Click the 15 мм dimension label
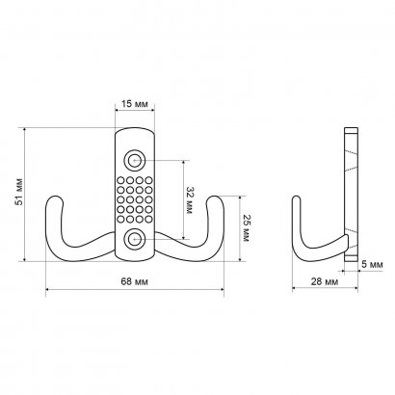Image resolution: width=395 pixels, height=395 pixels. (135, 104)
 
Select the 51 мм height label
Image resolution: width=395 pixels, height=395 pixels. (20, 192)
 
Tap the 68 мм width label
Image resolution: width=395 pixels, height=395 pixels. (135, 281)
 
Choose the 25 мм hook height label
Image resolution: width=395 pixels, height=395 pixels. (245, 227)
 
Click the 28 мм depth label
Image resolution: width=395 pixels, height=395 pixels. (325, 281)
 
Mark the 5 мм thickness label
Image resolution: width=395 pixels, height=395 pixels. (373, 264)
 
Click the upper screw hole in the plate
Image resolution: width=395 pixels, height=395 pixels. (135, 160)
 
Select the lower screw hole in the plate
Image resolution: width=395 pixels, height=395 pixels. (135, 240)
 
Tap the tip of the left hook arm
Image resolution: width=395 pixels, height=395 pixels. (55, 197)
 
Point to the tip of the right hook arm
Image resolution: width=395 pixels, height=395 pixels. (215, 197)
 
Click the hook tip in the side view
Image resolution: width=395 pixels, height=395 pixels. (297, 197)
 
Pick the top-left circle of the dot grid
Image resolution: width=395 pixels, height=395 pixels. (120, 180)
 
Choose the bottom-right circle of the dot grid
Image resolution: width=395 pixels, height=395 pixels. (148, 220)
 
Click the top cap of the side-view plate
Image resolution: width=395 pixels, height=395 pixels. (351, 130)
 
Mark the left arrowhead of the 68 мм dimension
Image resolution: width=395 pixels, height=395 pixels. (48, 290)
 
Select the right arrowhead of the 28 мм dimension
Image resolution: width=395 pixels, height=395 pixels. (355, 288)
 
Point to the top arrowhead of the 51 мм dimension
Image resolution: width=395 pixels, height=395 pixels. (25, 130)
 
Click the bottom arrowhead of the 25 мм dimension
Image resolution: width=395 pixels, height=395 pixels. (240, 259)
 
